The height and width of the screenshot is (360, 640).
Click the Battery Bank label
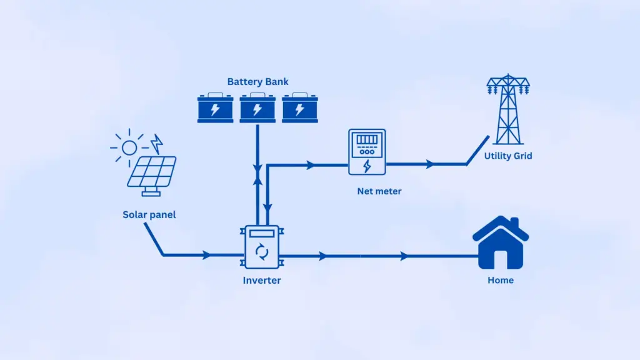point(257,82)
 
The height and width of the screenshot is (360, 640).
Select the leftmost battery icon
point(215,109)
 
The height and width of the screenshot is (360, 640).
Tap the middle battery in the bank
point(257,109)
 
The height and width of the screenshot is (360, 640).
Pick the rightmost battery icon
point(299,109)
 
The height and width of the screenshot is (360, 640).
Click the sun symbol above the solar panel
point(129,147)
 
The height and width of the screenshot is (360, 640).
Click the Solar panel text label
point(149,215)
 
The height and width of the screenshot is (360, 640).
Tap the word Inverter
point(262,281)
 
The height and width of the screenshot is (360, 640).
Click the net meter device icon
point(367,152)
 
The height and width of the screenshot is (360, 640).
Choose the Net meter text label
point(379,191)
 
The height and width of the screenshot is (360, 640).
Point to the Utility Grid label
point(508,156)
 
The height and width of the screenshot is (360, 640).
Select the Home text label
point(500,281)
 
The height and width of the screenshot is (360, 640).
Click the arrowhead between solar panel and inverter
point(206,255)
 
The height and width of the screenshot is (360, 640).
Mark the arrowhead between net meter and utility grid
point(429,164)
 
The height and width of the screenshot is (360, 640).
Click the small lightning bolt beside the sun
point(157,144)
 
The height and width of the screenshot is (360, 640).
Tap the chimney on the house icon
point(514,224)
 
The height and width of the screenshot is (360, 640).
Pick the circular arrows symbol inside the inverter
point(262,252)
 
